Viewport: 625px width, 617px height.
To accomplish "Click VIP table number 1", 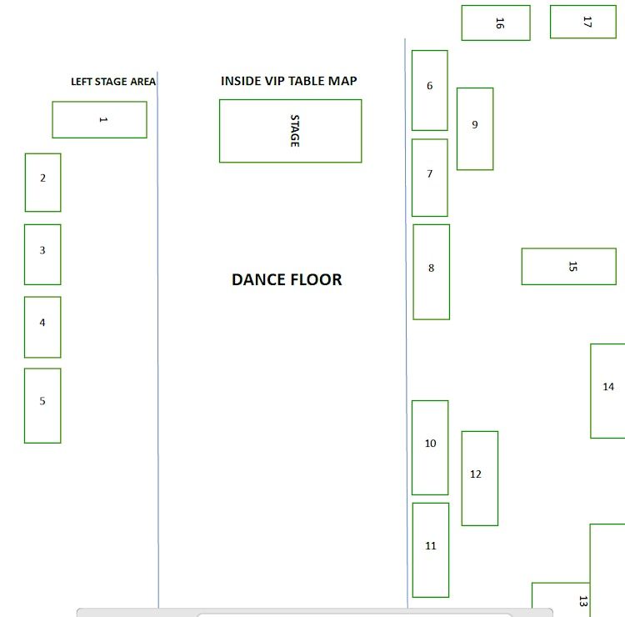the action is (100, 120).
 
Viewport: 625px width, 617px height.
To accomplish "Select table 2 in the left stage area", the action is (43, 183).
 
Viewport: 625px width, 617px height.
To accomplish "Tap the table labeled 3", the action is (42, 254).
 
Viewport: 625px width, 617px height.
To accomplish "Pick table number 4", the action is (42, 327).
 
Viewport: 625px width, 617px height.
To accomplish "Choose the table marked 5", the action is (42, 405).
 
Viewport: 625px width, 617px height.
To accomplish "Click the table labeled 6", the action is (430, 90).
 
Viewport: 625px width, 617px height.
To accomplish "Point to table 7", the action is (430, 178).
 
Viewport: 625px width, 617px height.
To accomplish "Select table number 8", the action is (432, 272).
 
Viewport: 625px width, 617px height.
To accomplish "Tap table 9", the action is (475, 129).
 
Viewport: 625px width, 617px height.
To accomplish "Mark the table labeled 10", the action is (430, 448).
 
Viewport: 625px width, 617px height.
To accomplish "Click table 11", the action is (431, 550).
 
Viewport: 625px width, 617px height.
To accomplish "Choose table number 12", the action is (480, 479).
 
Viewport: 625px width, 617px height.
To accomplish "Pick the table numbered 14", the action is (607, 391).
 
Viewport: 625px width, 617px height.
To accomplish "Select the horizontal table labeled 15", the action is (569, 267).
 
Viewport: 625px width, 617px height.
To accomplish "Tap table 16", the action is (496, 23).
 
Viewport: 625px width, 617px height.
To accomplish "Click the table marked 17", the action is (583, 22).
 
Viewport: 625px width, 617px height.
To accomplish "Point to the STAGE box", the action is (291, 131).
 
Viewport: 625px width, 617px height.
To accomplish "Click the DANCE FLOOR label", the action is (287, 279).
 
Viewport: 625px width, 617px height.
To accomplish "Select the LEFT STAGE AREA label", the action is (113, 82).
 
